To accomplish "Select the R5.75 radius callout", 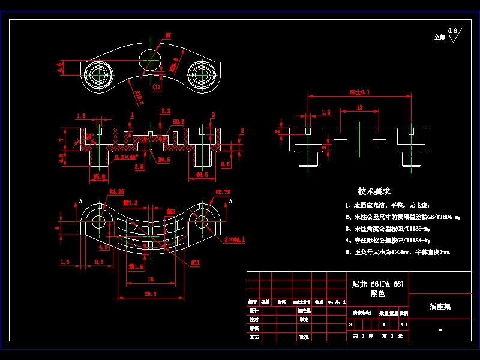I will (223, 192).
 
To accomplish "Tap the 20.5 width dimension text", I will (150, 293).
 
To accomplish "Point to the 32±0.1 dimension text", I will (359, 92).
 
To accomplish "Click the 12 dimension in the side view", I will (359, 107).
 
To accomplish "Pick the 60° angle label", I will (89, 137).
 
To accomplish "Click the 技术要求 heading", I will (374, 191).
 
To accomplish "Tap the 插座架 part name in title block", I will (440, 306).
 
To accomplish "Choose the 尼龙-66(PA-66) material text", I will (377, 284).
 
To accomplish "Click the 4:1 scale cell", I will (403, 324).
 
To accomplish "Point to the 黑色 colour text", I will (377, 294).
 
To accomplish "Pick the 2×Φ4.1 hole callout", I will (235, 239).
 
